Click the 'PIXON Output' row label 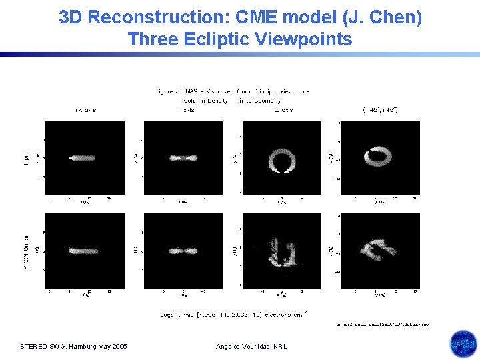pos(25,251)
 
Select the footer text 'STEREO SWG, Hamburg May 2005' pos(74,346)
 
